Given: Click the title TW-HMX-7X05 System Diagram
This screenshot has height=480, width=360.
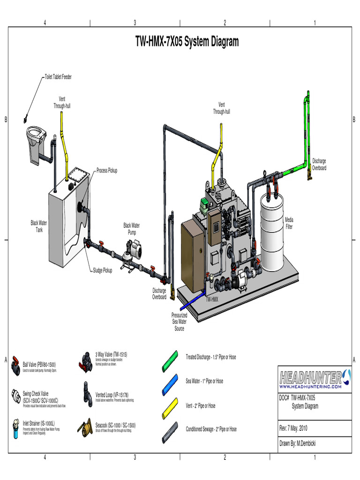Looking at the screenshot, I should (187, 42).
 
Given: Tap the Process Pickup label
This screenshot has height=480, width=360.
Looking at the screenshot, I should (107, 171).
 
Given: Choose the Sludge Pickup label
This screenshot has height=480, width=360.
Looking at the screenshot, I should (102, 270).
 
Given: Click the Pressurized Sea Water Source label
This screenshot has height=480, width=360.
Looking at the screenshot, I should (179, 322).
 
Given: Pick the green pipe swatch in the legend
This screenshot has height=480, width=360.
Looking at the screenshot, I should (170, 357).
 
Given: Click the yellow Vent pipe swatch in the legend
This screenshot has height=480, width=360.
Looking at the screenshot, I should (170, 406).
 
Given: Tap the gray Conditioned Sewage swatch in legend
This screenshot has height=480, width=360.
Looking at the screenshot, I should (170, 430).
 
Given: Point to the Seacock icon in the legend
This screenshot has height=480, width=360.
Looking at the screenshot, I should (88, 427).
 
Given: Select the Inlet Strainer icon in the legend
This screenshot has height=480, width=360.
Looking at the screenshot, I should (16, 427).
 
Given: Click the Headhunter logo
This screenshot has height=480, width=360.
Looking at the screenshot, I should (313, 378).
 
